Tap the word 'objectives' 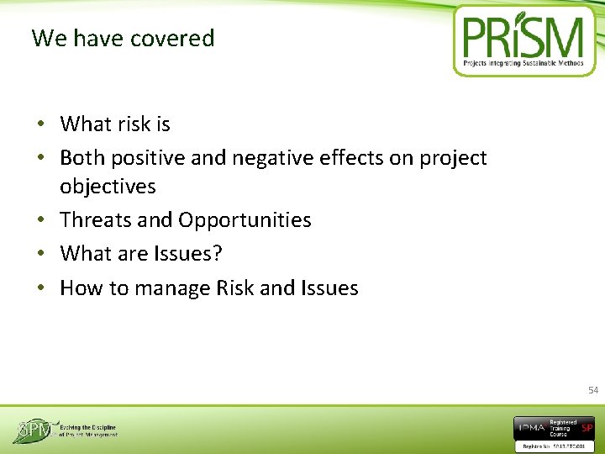[108, 186]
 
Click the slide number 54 [593, 390]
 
